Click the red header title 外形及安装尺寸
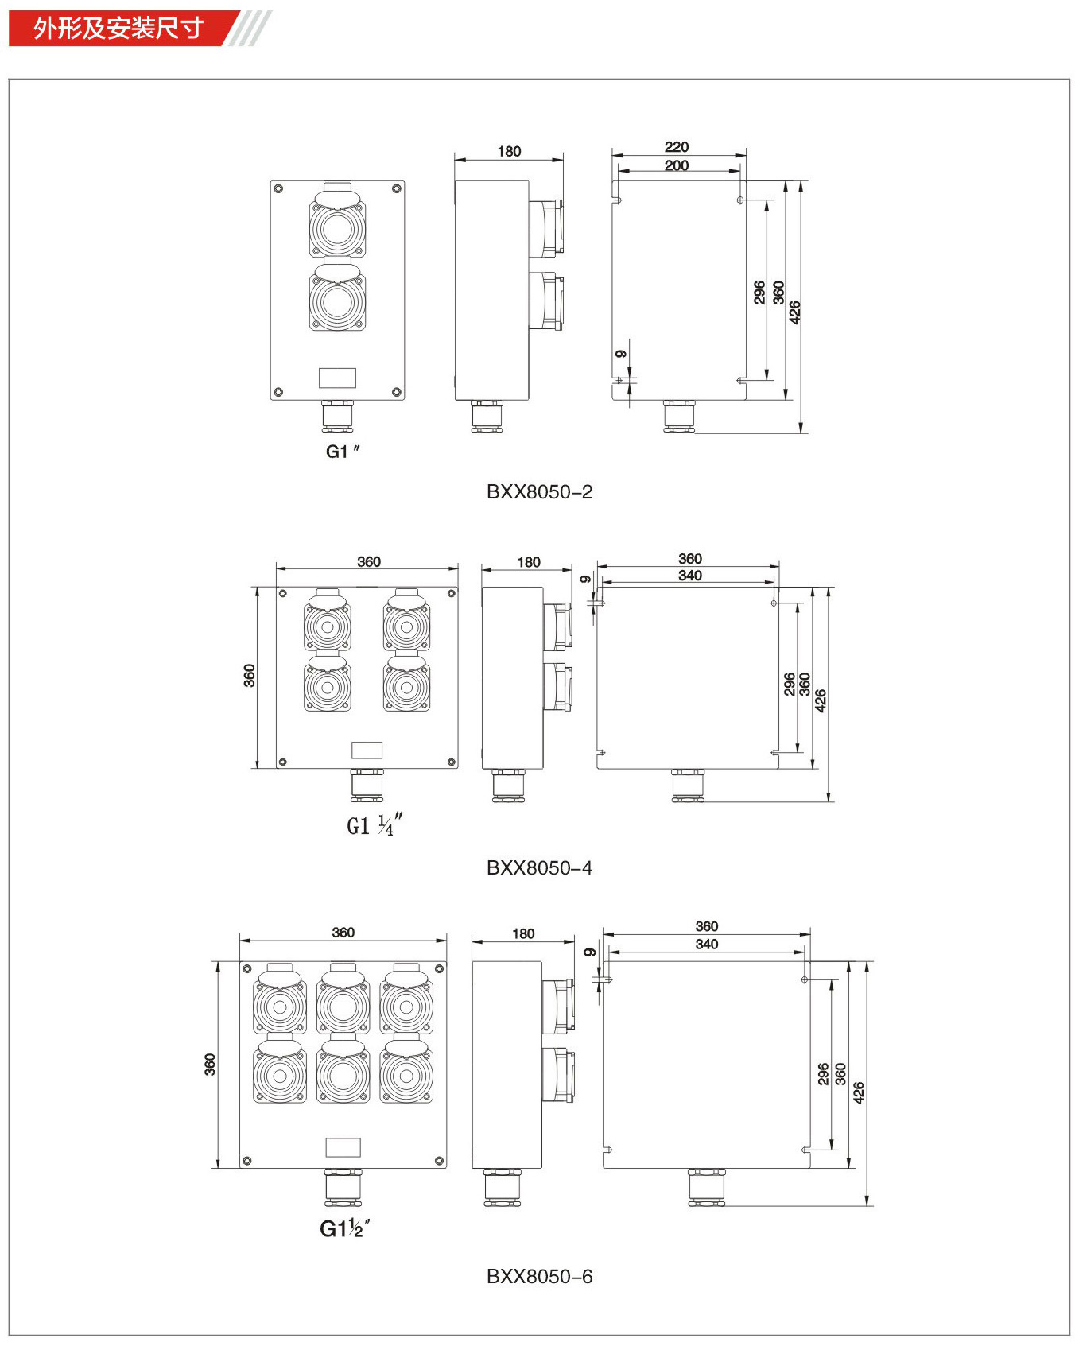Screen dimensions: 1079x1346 click(118, 29)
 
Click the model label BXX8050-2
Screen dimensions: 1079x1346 click(539, 492)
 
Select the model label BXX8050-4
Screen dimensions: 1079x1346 click(539, 868)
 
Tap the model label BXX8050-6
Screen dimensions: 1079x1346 click(539, 1277)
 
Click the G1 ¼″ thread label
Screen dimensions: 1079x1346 click(375, 825)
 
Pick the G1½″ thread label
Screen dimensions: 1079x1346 click(345, 1228)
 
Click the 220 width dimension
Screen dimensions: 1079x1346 click(677, 147)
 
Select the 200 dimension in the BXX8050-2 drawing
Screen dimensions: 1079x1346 click(677, 165)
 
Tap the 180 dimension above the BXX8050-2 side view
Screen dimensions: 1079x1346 click(509, 151)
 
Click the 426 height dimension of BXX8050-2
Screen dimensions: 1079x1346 click(794, 312)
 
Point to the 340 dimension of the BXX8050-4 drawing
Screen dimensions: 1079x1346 click(690, 575)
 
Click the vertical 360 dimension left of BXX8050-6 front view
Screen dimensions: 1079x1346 click(210, 1065)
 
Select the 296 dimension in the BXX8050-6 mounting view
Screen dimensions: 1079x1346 click(823, 1073)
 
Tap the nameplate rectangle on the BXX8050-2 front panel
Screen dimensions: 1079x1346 click(337, 377)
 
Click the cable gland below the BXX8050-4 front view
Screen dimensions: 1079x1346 click(367, 785)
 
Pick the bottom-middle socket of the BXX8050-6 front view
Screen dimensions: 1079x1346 click(343, 1070)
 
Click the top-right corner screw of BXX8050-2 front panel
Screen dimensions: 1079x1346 click(396, 188)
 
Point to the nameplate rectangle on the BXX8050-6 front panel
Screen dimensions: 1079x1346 click(343, 1147)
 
